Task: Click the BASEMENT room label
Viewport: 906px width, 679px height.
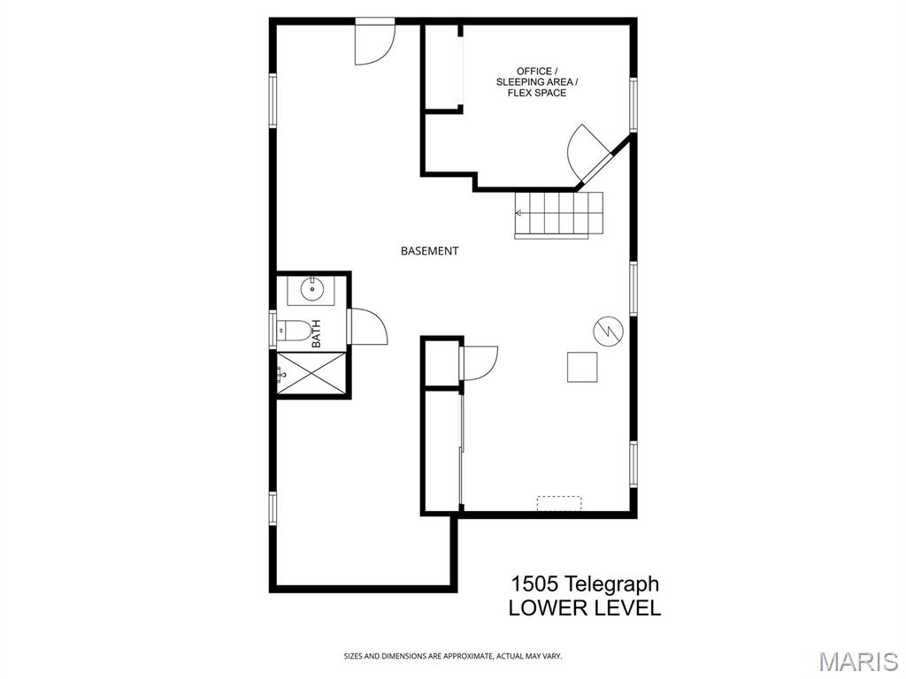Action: click(x=429, y=251)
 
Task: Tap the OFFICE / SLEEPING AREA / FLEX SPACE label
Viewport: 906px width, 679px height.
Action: click(x=536, y=82)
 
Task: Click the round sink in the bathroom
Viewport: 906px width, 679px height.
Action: click(x=312, y=288)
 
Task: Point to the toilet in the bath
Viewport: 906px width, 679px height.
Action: click(x=296, y=332)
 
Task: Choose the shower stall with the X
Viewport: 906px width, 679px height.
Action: click(x=311, y=373)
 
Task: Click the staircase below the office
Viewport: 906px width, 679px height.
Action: click(x=559, y=214)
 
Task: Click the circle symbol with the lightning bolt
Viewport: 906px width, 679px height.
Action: click(x=607, y=331)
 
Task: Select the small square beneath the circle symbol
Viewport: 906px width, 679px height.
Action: click(x=582, y=367)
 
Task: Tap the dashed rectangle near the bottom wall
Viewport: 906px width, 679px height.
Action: click(x=559, y=503)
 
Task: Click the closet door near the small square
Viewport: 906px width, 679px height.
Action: click(x=479, y=362)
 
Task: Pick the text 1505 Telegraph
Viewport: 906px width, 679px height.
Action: click(x=585, y=584)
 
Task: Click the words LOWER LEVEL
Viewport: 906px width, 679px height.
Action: click(x=584, y=608)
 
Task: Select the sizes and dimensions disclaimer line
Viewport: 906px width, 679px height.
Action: click(x=453, y=656)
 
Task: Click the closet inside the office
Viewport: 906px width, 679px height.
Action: click(x=441, y=67)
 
